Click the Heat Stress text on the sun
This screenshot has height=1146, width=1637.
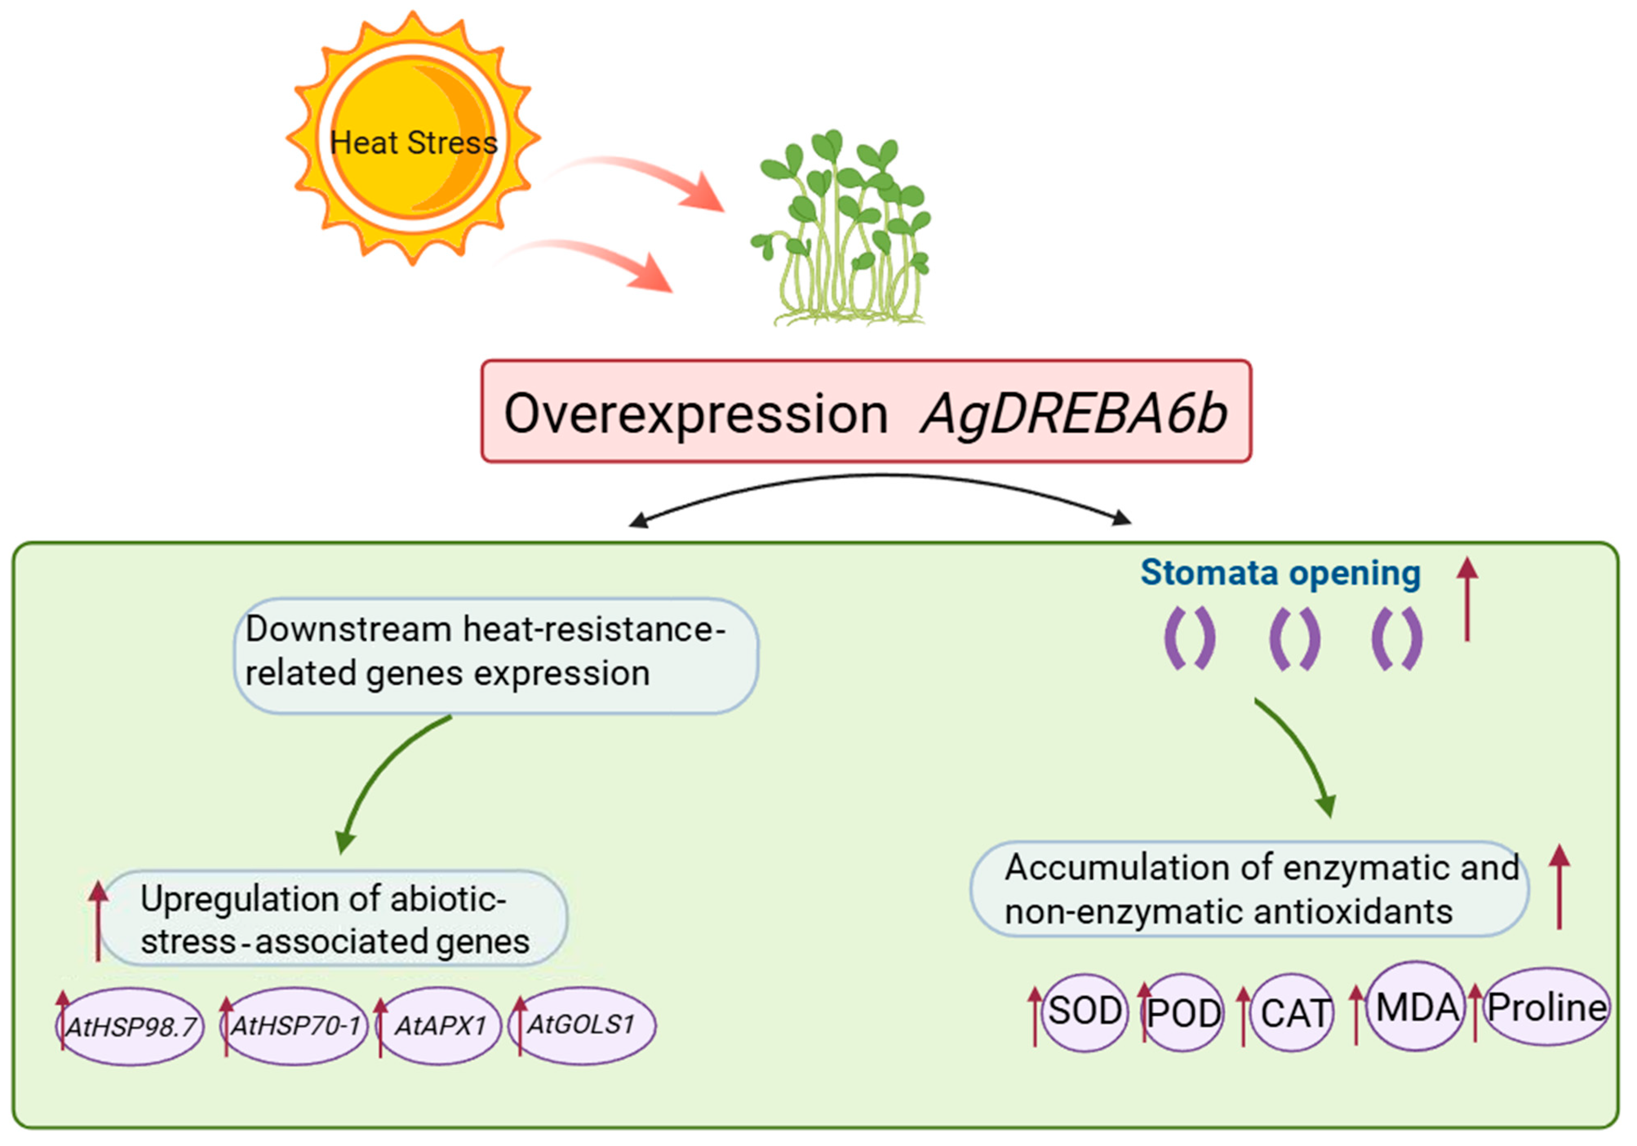tap(413, 142)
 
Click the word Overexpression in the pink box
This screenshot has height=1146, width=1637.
tap(696, 413)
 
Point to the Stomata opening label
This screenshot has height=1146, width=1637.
tap(1280, 573)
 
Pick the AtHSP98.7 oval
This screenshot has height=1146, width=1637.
tap(131, 1027)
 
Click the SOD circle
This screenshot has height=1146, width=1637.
tap(1085, 1011)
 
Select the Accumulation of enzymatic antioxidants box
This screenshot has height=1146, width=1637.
tap(1249, 890)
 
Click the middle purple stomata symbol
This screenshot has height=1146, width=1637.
tap(1294, 638)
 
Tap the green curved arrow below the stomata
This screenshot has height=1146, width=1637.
tap(1301, 756)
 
